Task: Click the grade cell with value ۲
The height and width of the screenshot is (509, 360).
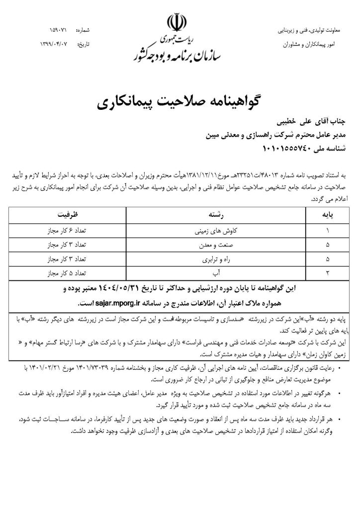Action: (328, 273)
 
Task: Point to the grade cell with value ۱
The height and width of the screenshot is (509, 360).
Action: (328, 231)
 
